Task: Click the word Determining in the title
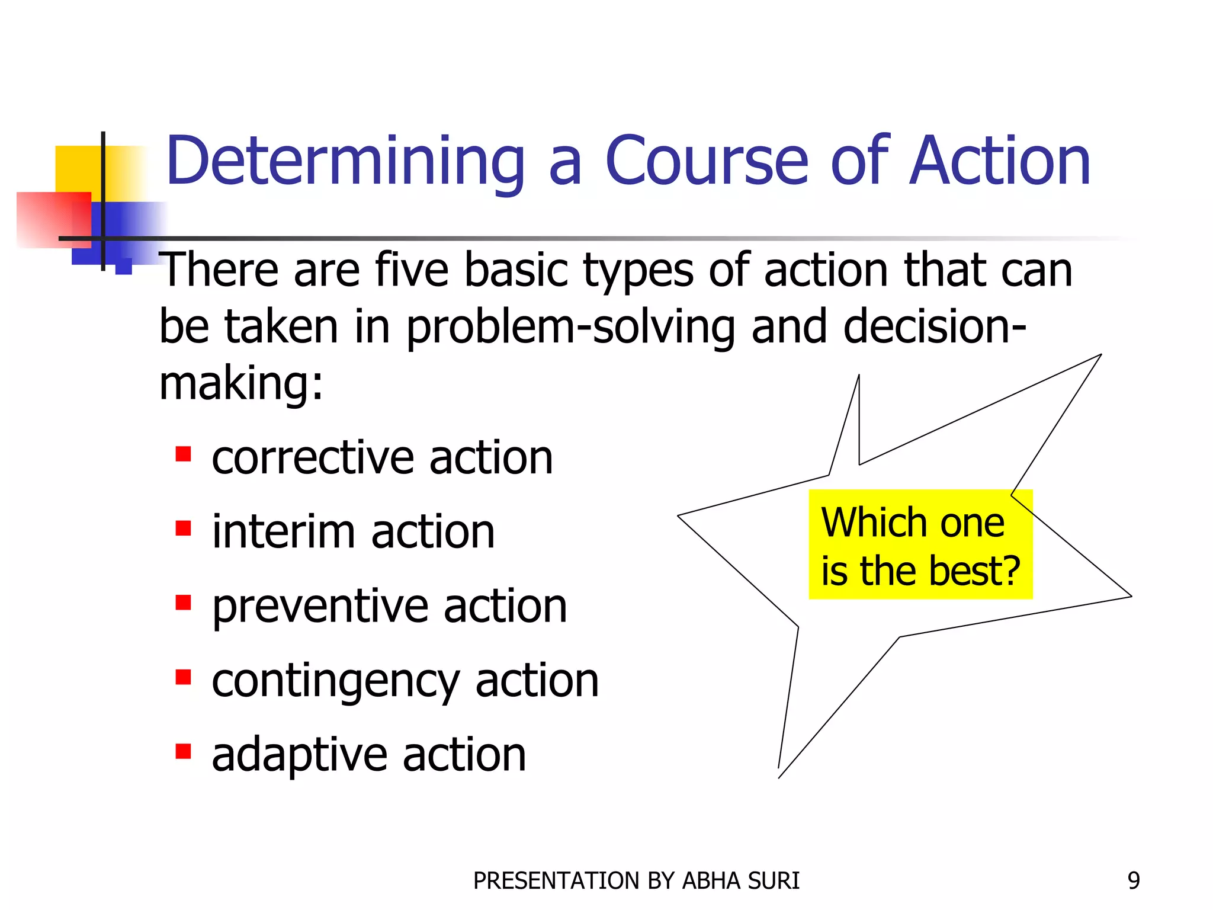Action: click(345, 161)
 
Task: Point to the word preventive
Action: click(320, 607)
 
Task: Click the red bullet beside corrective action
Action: click(183, 454)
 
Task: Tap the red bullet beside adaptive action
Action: click(183, 751)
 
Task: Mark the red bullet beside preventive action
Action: click(183, 603)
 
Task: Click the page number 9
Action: click(1133, 881)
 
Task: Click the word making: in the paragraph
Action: click(241, 383)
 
